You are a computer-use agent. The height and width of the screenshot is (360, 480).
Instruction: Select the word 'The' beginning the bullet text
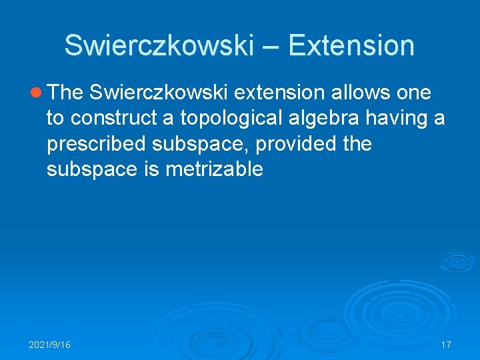pos(65,93)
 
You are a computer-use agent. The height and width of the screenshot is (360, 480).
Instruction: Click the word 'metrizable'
pos(214,169)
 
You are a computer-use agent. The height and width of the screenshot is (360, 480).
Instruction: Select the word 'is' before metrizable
pos(151,169)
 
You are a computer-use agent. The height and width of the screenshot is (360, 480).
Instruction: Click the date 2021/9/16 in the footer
pos(50,345)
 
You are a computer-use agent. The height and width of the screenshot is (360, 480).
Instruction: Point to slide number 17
pos(446,345)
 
